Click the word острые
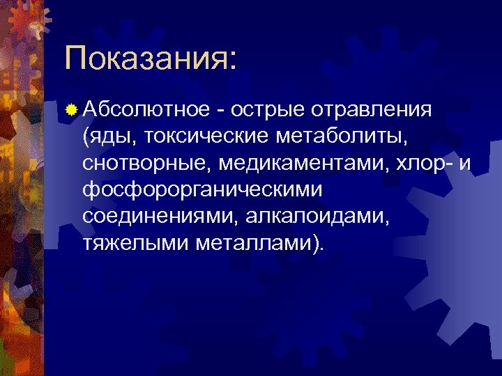[267, 110]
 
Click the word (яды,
[110, 136]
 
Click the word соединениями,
[160, 216]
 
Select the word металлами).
[258, 242]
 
